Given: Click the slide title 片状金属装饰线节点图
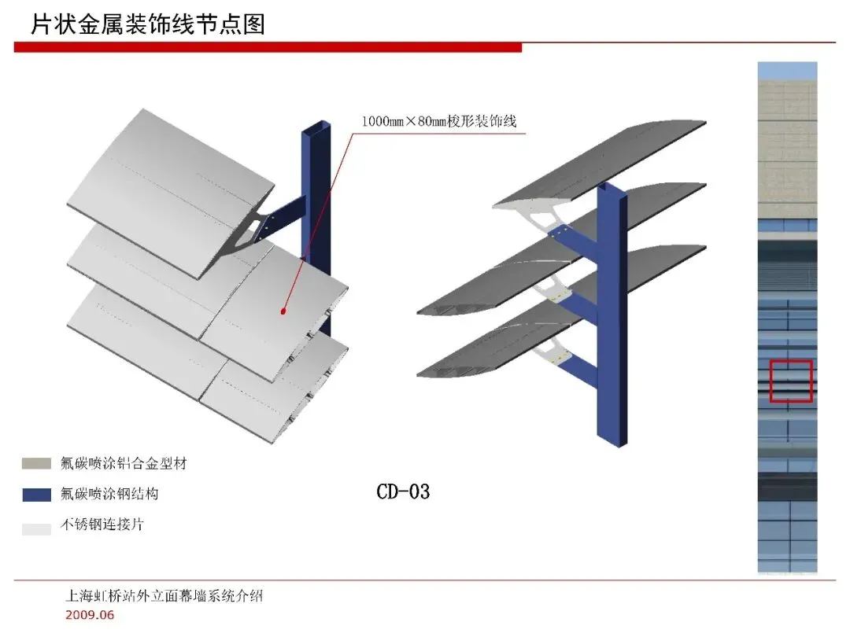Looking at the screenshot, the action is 148,24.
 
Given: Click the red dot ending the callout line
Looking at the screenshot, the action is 283,312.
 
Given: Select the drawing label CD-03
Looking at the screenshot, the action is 403,492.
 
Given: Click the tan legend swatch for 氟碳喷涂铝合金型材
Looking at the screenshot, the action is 36,464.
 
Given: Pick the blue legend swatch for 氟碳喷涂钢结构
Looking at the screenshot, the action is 36,495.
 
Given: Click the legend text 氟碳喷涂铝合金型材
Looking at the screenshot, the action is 124,464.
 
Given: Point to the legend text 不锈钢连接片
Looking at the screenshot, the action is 102,525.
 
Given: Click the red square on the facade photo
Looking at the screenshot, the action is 791,381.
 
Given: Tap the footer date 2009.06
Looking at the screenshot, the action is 90,615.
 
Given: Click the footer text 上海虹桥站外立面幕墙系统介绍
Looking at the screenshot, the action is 164,596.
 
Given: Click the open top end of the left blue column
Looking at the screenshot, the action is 316,128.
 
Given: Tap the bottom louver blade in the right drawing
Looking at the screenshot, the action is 551,338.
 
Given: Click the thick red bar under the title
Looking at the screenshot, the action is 268,48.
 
